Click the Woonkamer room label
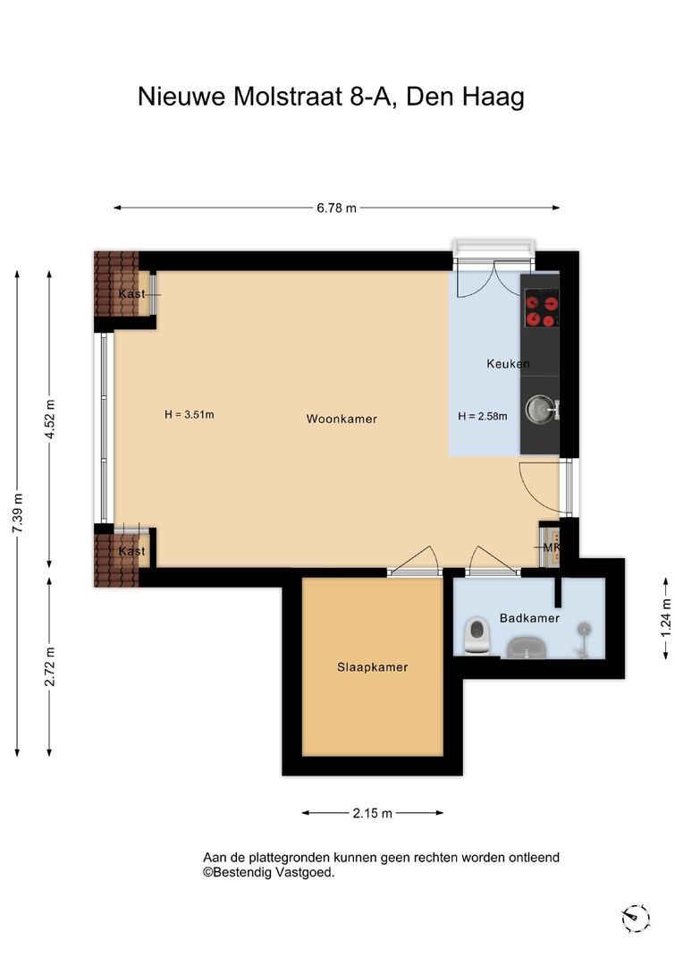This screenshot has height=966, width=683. coord(341,419)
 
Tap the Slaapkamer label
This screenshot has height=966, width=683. coord(373,667)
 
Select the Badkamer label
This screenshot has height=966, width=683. coord(529,618)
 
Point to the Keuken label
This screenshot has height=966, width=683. coord(508,363)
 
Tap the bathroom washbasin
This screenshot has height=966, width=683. coord(527,648)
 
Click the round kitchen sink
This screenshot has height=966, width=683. coord(540,410)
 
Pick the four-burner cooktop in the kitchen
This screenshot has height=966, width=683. coord(542,311)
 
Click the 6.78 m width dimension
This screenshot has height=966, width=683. coord(337,208)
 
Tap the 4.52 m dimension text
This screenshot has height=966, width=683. coord(50,419)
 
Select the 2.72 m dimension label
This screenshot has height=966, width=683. coord(50,666)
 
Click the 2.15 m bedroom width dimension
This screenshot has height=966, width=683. coord(373,813)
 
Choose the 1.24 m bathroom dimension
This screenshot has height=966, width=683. coord(666,618)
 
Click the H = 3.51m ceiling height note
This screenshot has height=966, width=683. coord(189,415)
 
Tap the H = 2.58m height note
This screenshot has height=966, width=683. coord(483,417)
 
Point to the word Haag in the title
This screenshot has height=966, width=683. coord(493,97)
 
